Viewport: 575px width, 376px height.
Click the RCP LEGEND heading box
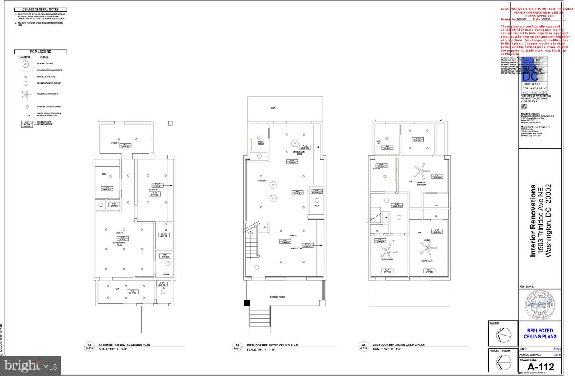click(x=40, y=52)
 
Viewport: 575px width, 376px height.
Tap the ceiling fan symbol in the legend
click(x=26, y=94)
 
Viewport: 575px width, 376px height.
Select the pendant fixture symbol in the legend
click(x=25, y=64)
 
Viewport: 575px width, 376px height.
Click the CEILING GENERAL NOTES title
click(x=40, y=9)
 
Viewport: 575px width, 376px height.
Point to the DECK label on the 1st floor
click(x=273, y=108)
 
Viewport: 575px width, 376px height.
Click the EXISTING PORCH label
click(x=277, y=297)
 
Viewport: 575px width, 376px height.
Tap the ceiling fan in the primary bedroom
click(x=420, y=171)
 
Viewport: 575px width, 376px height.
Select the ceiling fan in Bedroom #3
click(x=386, y=251)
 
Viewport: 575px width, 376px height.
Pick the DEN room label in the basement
click(x=117, y=288)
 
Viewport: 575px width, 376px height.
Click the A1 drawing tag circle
click(x=89, y=346)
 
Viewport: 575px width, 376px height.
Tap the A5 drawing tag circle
click(x=363, y=346)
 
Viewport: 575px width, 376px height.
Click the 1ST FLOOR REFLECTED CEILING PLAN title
click(x=272, y=345)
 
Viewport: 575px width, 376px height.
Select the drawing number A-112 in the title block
click(x=540, y=367)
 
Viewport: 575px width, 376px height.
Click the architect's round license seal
click(x=540, y=305)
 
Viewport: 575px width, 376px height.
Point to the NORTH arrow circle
click(x=503, y=335)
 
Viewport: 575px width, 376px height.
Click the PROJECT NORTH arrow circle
click(x=503, y=362)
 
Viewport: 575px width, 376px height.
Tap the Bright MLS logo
click(x=30, y=366)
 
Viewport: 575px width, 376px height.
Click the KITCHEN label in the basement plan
click(x=114, y=143)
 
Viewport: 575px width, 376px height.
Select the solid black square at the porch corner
click(x=247, y=303)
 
